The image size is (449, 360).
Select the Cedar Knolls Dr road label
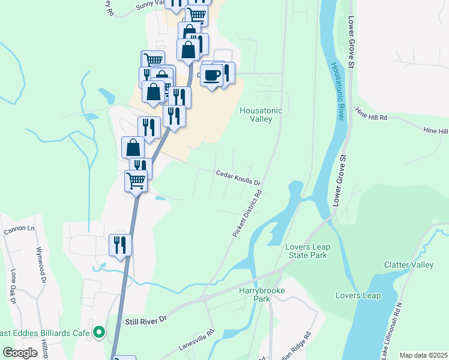tap(238, 177)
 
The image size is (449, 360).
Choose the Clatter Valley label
tap(408, 265)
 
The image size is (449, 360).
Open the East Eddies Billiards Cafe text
tap(44, 333)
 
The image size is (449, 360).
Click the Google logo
tap(20, 353)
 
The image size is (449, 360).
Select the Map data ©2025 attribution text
tap(423, 355)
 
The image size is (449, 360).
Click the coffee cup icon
tap(211, 75)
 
